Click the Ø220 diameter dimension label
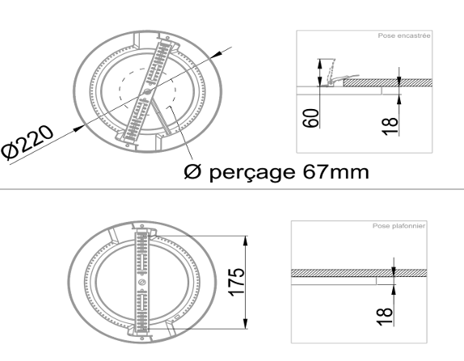click(27, 142)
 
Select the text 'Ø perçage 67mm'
click(276, 172)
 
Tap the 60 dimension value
click(311, 118)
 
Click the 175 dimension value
click(237, 282)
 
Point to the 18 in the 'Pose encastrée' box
click(390, 127)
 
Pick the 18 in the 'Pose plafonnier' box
click(385, 317)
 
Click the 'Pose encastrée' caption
click(404, 36)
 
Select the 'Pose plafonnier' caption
click(399, 226)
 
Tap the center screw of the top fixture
click(147, 92)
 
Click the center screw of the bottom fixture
click(141, 282)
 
